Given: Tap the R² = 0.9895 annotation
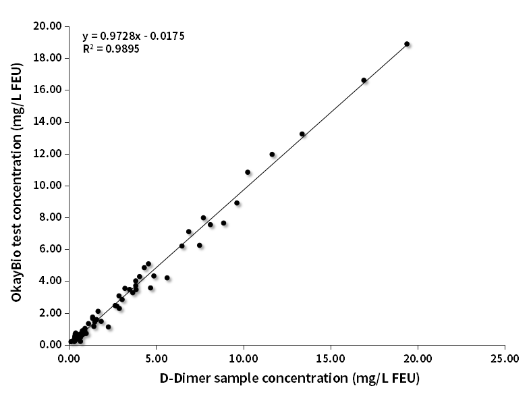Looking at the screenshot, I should point(111,49).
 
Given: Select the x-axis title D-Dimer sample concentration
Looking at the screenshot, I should point(289,378).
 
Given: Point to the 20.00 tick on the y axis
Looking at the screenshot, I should point(48,26).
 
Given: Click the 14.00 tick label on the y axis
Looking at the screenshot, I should point(48,122).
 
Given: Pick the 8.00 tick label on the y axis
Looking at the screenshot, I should point(51,217).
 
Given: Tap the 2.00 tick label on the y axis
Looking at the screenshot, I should point(51,313).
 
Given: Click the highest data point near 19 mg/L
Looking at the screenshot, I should point(407,44).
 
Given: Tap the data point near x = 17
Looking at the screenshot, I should point(364,80).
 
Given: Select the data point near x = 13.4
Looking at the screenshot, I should point(302,134).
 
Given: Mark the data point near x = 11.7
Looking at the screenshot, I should point(272,155).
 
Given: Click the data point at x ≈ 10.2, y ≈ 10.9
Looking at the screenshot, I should point(248,172).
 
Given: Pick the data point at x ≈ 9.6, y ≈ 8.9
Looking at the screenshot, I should point(237,203).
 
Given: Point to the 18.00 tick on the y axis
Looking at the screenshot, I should point(48,58).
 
